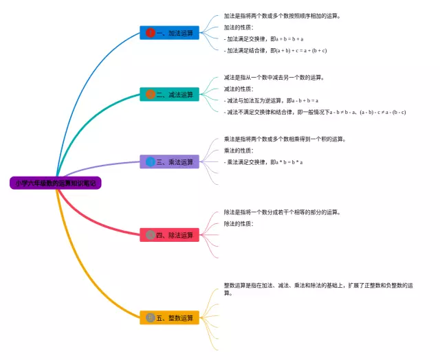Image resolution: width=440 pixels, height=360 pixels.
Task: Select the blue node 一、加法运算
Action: [x=170, y=32]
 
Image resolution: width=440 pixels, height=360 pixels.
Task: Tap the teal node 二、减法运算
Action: [x=170, y=94]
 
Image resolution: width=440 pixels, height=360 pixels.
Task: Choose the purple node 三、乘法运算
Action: [x=170, y=162]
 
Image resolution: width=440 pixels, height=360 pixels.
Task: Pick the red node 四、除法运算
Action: [x=170, y=235]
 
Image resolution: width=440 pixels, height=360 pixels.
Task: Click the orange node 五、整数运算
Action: [x=170, y=318]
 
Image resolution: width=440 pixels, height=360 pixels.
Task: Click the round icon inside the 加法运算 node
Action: [x=151, y=32]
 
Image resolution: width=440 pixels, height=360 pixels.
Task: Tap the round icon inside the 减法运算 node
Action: [x=151, y=94]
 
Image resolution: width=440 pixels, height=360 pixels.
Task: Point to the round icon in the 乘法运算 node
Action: [x=151, y=162]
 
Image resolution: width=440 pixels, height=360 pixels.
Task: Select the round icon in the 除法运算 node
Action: [x=151, y=235]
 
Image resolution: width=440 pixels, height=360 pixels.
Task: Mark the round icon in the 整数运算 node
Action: [x=151, y=318]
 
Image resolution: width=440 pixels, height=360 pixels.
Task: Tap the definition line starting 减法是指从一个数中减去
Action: [x=274, y=78]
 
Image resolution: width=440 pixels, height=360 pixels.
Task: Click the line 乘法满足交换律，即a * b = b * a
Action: [x=263, y=162]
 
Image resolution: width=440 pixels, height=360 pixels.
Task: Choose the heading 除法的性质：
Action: [x=239, y=224]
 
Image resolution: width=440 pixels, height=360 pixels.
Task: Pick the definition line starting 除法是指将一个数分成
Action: [x=282, y=212]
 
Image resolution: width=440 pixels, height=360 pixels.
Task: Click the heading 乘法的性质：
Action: [x=239, y=150]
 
